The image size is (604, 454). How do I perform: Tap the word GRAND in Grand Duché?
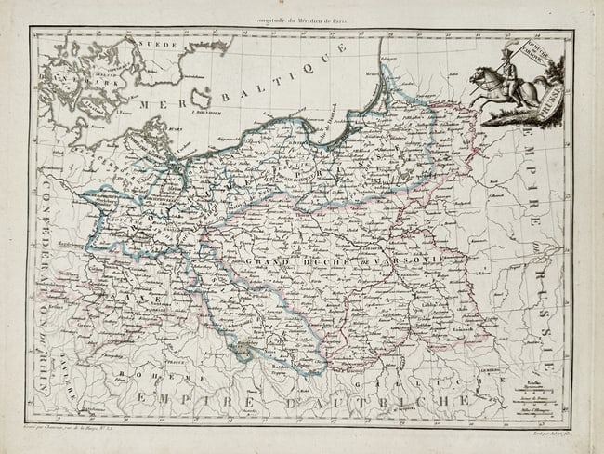click(263, 260)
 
